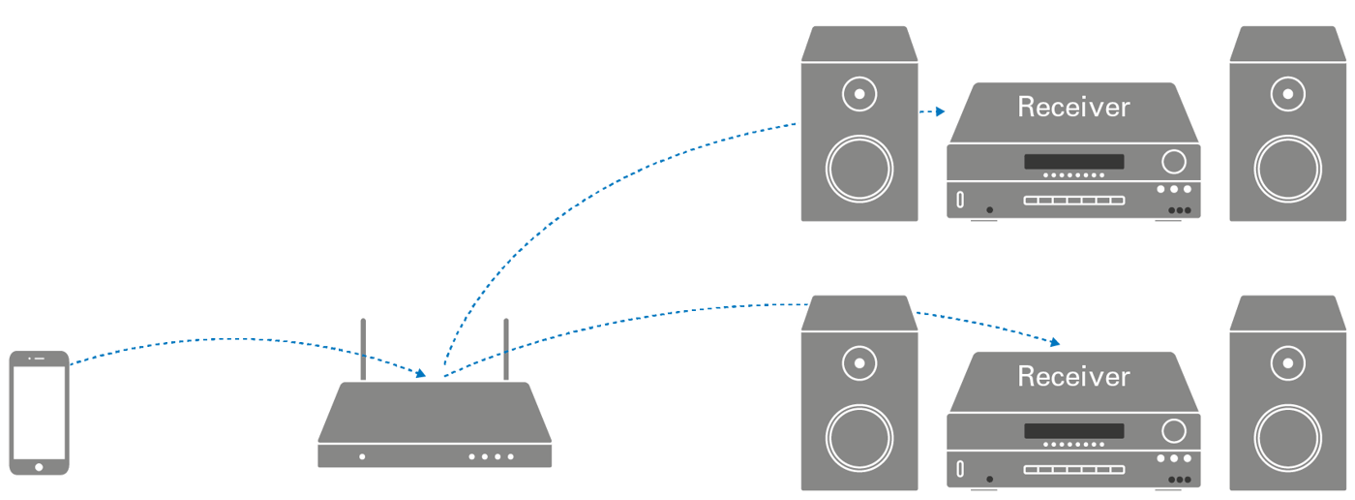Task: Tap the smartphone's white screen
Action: pos(39,411)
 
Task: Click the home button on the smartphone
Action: pos(39,467)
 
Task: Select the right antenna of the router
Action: pos(504,348)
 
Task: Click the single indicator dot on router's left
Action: pos(362,456)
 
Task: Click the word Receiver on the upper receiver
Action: pos(1073,107)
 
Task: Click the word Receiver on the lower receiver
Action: pos(1073,376)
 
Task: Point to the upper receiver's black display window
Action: pos(1074,162)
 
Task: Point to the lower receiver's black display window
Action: pos(1074,431)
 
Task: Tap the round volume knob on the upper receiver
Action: pos(1174,161)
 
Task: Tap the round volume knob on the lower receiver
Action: pos(1174,430)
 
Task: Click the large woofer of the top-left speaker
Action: pos(859,170)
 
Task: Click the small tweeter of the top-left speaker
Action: pos(859,95)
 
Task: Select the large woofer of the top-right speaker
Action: pos(1287,170)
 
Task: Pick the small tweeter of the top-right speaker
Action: pos(1287,95)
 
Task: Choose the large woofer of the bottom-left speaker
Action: pos(859,439)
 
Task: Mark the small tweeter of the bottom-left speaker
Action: pos(859,364)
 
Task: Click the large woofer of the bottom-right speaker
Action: pos(1287,439)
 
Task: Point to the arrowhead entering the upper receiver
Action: pos(939,112)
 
